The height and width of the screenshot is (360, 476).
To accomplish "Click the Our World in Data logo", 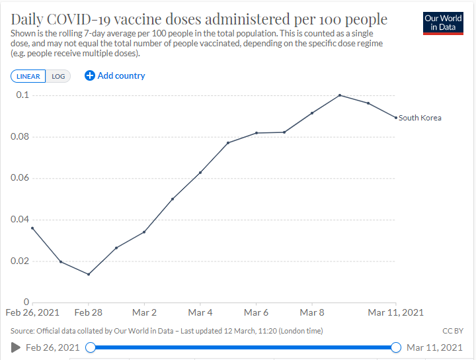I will pyautogui.click(x=443, y=22).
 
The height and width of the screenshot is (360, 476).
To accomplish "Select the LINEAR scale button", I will pyautogui.click(x=28, y=76).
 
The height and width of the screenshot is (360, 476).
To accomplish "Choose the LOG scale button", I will pyautogui.click(x=58, y=76).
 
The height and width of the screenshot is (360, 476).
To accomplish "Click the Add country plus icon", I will pyautogui.click(x=90, y=75).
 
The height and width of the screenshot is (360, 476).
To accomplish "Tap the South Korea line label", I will pyautogui.click(x=420, y=118).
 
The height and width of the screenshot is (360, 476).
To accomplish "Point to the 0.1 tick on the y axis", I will pyautogui.click(x=23, y=95).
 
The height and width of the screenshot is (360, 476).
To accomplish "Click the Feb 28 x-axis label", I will pyautogui.click(x=88, y=312).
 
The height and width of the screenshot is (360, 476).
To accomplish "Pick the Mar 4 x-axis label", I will pyautogui.click(x=200, y=312).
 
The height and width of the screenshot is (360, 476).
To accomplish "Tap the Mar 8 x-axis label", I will pyautogui.click(x=311, y=312).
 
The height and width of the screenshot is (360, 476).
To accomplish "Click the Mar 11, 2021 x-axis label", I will pyautogui.click(x=395, y=312).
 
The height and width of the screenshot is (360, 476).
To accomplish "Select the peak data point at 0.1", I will pyautogui.click(x=340, y=95).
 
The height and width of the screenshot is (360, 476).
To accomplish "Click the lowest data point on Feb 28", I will pyautogui.click(x=89, y=274).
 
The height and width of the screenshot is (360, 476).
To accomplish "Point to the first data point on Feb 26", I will pyautogui.click(x=32, y=228).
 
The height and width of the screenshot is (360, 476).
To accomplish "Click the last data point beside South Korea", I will pyautogui.click(x=395, y=118).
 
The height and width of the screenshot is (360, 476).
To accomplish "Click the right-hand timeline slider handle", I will pyautogui.click(x=396, y=347).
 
